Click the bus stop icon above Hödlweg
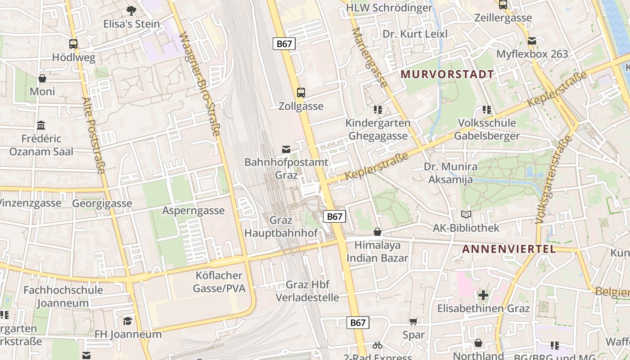tap(73, 44)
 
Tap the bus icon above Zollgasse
tap(301, 93)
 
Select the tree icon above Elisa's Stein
tap(131, 10)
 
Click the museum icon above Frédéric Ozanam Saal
tap(41, 125)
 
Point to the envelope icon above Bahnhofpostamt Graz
tap(286, 149)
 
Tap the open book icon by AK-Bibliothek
tap(466, 215)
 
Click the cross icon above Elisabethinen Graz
tap(483, 295)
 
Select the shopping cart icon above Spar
tap(414, 321)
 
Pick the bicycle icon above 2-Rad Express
tap(378, 345)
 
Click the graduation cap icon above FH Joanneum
tap(128, 321)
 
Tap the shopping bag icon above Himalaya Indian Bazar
tap(378, 232)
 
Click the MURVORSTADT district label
tap(447, 74)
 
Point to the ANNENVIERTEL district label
tap(509, 249)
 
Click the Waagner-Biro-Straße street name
tap(200, 84)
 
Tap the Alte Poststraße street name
tap(94, 135)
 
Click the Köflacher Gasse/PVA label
tap(219, 282)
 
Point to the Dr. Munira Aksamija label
tap(450, 173)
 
